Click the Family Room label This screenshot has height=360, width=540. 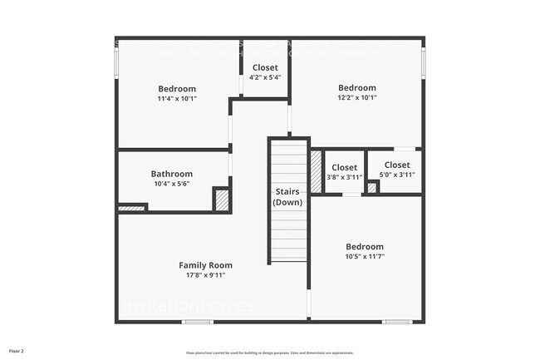[x=206, y=265]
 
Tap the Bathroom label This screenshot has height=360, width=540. [x=171, y=174]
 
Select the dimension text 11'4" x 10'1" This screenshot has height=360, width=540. [x=177, y=99]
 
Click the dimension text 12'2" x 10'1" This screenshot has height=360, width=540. [x=356, y=97]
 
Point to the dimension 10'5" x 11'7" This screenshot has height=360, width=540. [x=365, y=256]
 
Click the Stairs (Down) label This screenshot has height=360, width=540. [x=287, y=197]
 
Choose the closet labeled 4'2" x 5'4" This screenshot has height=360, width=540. [x=264, y=72]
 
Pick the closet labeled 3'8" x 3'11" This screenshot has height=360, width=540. [x=344, y=172]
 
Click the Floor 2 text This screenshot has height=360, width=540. [x=17, y=351]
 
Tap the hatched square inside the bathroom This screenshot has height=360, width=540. [x=221, y=200]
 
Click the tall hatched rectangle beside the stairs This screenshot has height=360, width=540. [x=316, y=171]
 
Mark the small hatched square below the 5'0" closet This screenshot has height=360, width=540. [x=372, y=188]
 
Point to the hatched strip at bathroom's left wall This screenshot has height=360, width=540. [x=131, y=208]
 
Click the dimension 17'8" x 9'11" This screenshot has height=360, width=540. [x=206, y=275]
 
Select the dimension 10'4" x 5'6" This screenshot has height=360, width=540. [x=171, y=184]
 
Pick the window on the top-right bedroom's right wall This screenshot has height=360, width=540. [x=423, y=61]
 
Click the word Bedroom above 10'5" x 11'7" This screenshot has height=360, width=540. [x=365, y=246]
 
